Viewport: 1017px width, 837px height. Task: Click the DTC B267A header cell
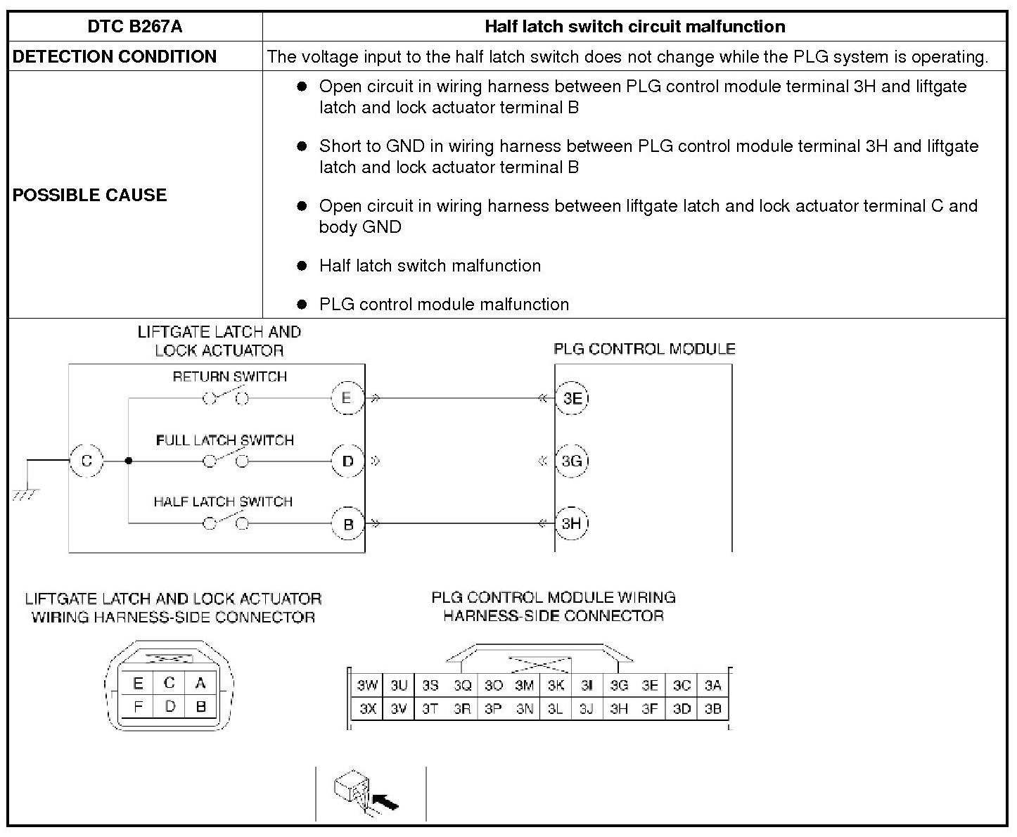coord(135,27)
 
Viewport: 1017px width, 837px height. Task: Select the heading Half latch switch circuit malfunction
coord(634,27)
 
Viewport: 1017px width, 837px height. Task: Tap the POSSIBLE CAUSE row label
coord(89,195)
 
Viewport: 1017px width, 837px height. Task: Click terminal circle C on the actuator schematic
coord(87,461)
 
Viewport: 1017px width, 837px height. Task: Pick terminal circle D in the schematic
coord(347,461)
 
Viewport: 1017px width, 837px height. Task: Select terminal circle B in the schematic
coord(347,524)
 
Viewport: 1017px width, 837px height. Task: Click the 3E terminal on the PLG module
coord(573,398)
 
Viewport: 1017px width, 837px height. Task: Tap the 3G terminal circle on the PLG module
coord(572,461)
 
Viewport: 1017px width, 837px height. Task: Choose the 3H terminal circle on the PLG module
coord(571,523)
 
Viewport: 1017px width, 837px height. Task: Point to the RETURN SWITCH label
coord(230,377)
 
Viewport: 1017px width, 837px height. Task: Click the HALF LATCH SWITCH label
coord(223,501)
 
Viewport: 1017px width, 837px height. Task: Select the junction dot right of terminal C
coord(128,461)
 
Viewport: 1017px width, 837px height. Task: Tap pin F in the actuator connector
coord(138,706)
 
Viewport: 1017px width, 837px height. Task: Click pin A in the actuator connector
coord(200,683)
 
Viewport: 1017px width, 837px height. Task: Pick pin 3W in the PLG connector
coord(367,685)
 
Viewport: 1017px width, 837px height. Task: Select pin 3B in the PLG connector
coord(713,709)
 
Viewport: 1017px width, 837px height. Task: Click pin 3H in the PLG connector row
coord(619,709)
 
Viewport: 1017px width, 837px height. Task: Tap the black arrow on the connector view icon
coord(386,801)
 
